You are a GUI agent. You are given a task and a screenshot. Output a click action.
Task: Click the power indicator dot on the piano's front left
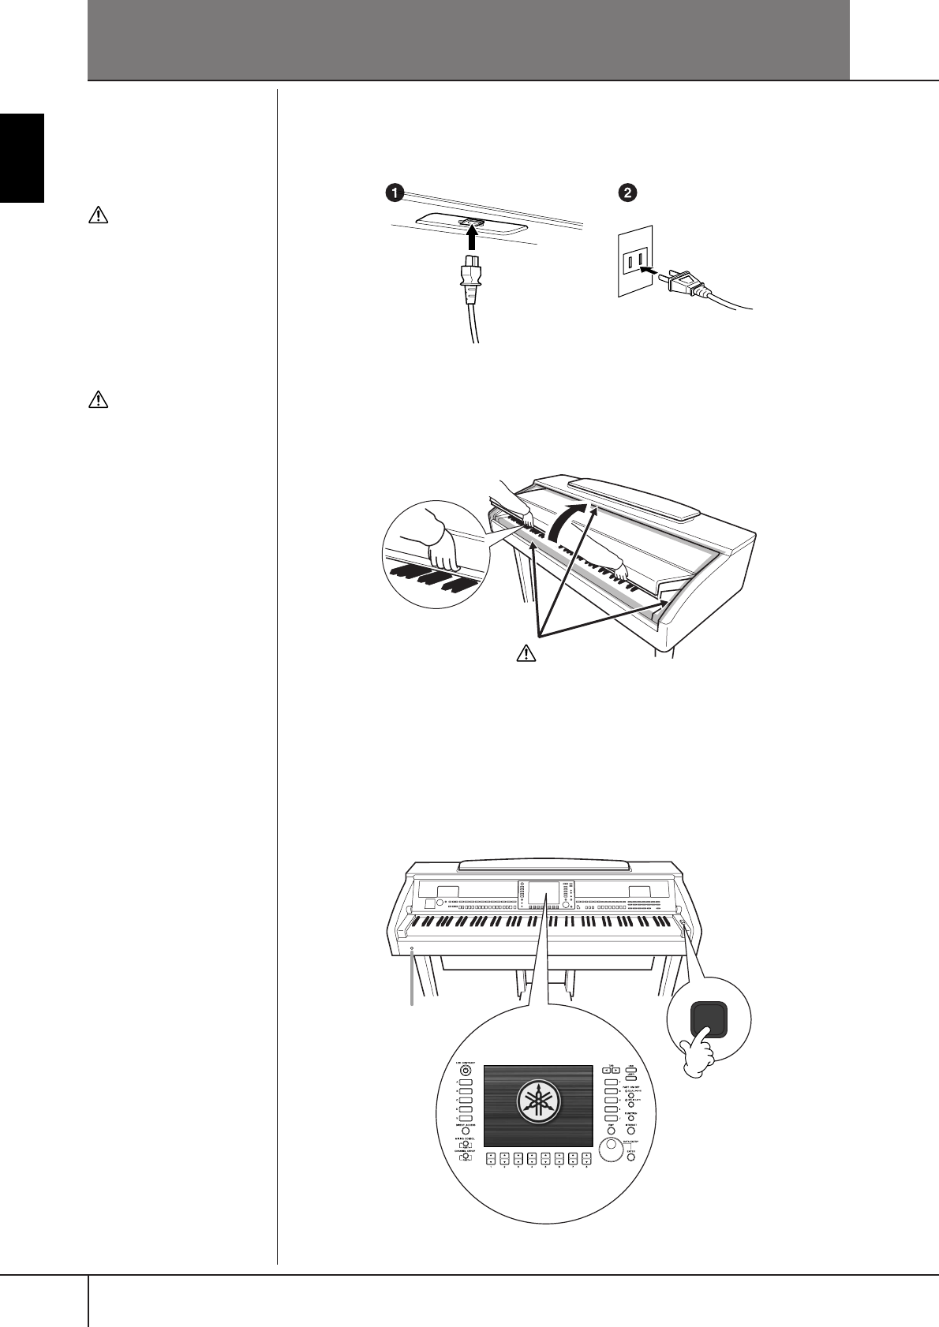coord(411,948)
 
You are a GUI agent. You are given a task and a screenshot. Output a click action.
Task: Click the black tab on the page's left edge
coord(22,157)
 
